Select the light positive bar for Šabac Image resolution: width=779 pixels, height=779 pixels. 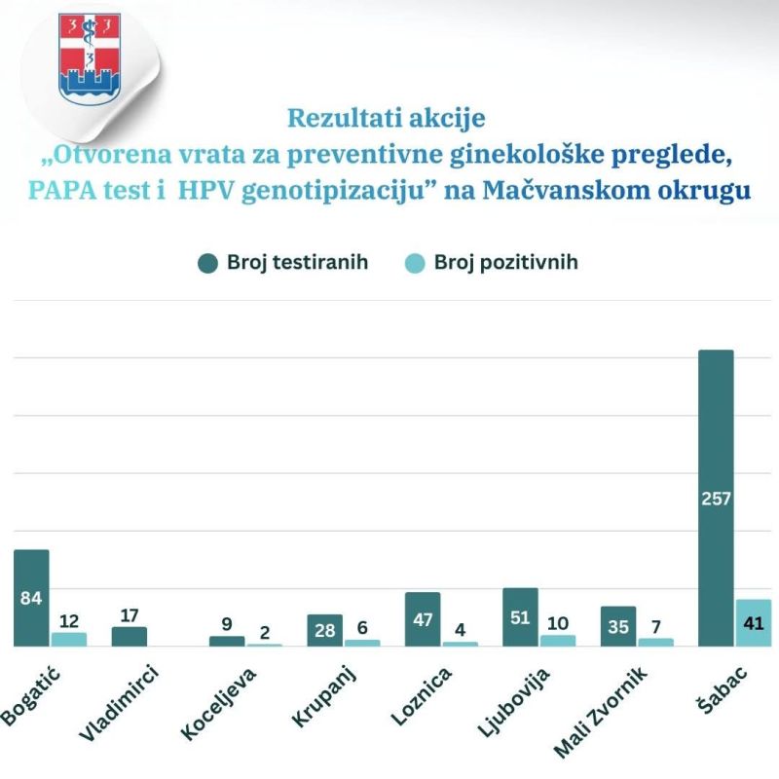tap(754, 622)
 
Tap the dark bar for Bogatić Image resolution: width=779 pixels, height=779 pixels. tap(31, 575)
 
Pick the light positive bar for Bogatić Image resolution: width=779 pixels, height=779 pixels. tap(69, 639)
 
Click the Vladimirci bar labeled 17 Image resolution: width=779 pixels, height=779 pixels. tap(130, 636)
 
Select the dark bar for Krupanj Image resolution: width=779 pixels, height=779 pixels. tap(324, 630)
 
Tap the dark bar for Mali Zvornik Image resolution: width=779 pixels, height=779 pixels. tap(617, 625)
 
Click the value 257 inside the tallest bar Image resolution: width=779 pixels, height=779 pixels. tap(716, 499)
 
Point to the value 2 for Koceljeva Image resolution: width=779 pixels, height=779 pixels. tap(265, 630)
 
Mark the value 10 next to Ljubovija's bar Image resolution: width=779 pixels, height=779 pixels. tap(558, 620)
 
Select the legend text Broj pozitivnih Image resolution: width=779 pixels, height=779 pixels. tap(505, 263)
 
